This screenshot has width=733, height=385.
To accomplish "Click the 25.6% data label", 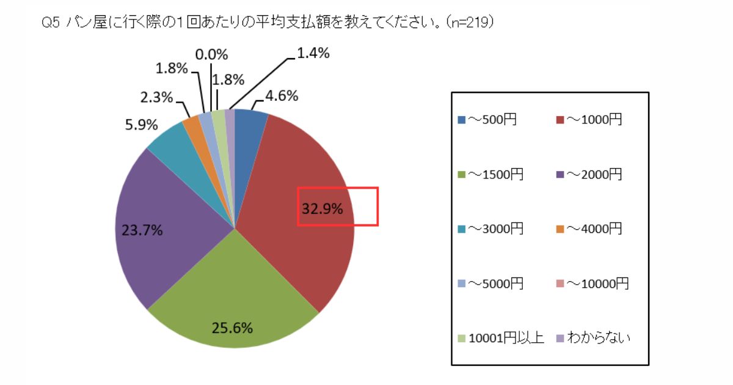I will (232, 328).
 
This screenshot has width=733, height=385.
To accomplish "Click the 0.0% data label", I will (211, 54).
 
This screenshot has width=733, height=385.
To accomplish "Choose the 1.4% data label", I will (313, 53).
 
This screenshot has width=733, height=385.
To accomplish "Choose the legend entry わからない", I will (593, 337).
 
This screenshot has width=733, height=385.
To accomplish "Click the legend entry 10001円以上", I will (501, 337).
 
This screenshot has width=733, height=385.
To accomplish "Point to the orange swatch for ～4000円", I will (560, 229).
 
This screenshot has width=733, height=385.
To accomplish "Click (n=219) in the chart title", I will (470, 22).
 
